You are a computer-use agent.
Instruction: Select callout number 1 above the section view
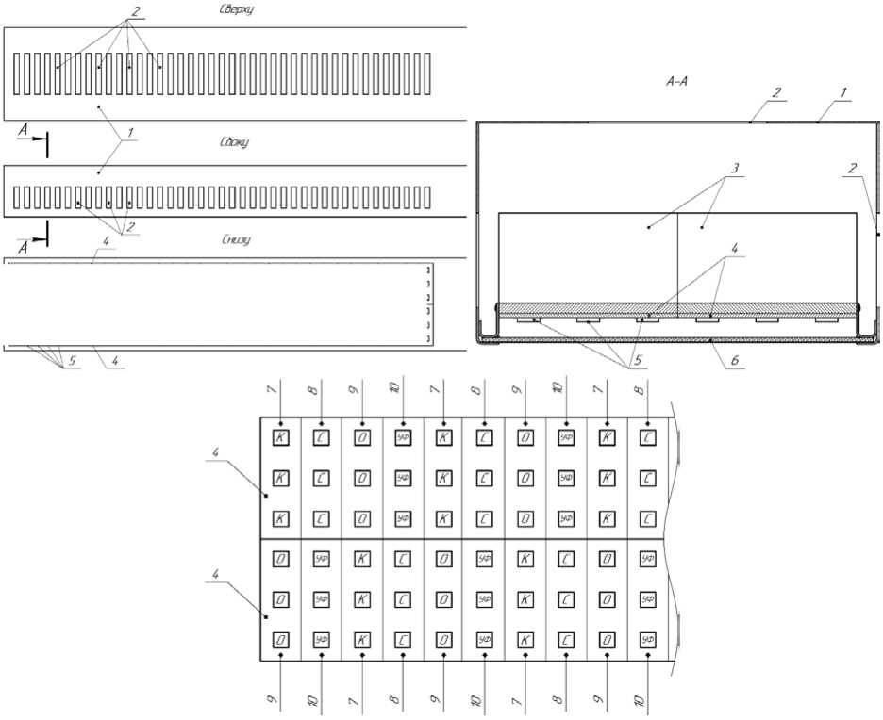[x=844, y=92]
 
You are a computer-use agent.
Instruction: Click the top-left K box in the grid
[x=280, y=436]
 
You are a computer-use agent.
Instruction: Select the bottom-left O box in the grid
[x=280, y=639]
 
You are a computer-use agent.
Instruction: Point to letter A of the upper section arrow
[x=22, y=136]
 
